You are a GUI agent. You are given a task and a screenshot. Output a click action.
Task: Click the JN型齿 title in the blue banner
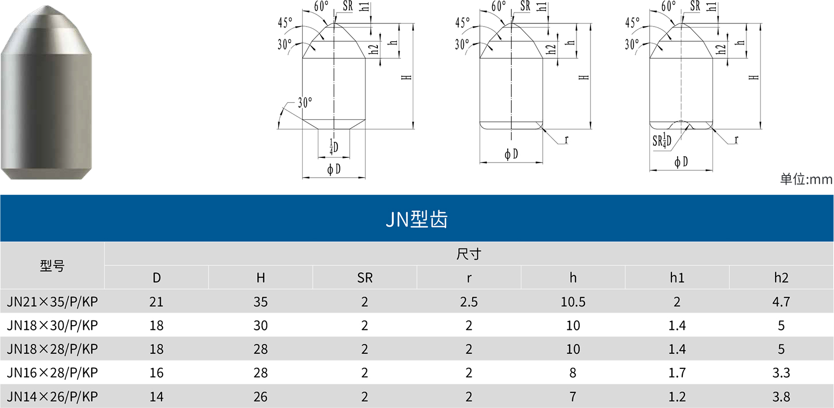[x=416, y=219]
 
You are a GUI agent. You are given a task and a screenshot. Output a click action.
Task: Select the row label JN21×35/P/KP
[x=52, y=302]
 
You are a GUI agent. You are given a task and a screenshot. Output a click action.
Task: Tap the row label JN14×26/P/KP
[x=52, y=397]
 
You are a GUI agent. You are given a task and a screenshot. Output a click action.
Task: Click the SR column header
[x=365, y=278]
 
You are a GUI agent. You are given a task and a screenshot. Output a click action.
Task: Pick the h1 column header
[x=677, y=278]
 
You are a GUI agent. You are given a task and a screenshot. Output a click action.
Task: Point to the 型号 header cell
[x=52, y=266]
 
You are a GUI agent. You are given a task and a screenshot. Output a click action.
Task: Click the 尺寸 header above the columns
[x=469, y=254]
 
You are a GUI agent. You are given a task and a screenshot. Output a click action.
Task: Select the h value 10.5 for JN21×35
[x=573, y=302]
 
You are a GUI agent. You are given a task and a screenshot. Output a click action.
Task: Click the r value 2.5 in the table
[x=469, y=302]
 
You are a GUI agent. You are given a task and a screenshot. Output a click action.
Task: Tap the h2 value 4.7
[x=781, y=302]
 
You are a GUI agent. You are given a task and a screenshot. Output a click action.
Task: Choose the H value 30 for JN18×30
[x=261, y=326]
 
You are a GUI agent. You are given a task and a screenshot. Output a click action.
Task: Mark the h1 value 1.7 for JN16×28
[x=677, y=373]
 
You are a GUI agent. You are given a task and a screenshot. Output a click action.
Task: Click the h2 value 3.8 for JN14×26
[x=781, y=397]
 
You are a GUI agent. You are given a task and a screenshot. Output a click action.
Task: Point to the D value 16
[x=156, y=373]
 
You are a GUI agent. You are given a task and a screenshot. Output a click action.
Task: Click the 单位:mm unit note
[x=806, y=179]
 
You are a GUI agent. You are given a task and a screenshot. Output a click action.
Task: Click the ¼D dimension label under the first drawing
[x=334, y=147]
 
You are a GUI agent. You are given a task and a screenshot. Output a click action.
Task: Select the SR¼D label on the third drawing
[x=662, y=141]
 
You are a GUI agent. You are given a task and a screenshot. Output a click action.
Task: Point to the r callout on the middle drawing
[x=566, y=139]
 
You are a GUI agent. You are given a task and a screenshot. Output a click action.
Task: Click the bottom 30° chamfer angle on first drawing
[x=305, y=102]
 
